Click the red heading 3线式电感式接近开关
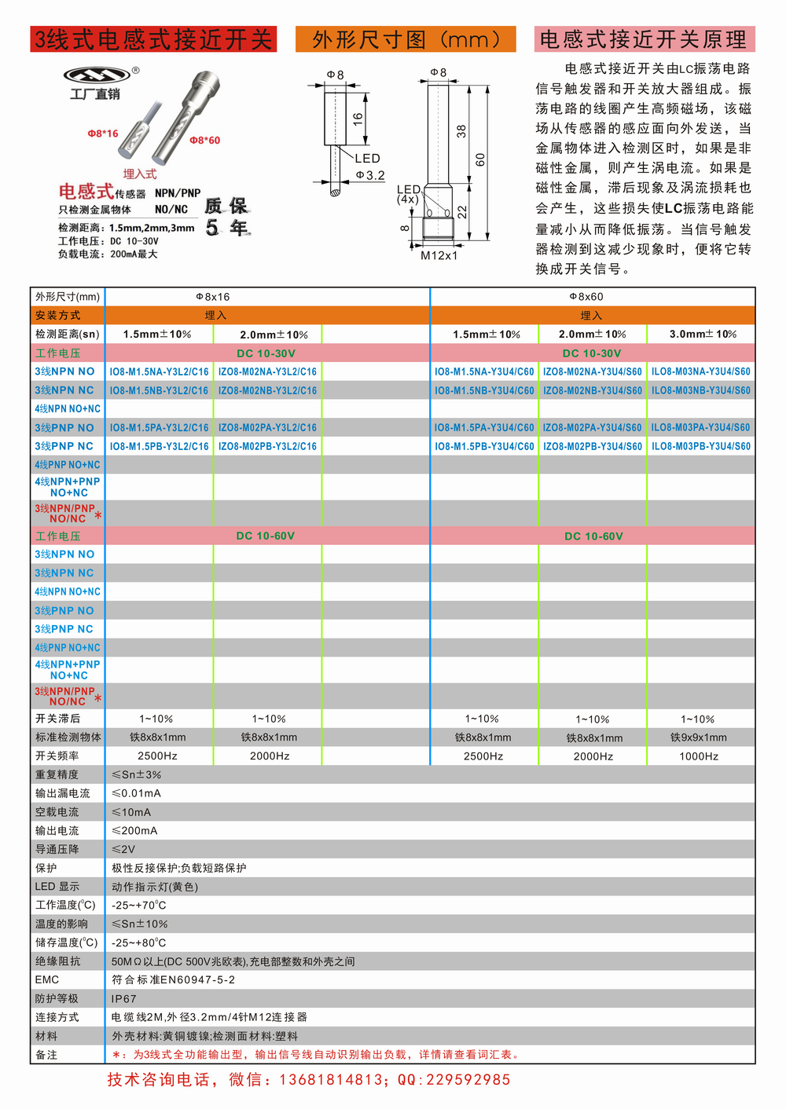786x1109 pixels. [x=153, y=39]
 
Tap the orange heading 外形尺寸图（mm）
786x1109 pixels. [x=406, y=39]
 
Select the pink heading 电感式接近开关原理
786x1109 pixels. [x=644, y=39]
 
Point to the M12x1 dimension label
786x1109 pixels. [x=439, y=256]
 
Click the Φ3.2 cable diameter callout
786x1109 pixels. [x=370, y=175]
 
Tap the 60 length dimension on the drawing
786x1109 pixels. [x=480, y=159]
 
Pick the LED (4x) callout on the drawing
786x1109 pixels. [x=409, y=194]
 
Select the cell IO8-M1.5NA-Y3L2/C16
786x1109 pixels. [x=159, y=371]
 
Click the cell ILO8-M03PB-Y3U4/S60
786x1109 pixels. [x=700, y=446]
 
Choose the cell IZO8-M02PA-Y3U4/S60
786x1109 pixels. [x=592, y=428]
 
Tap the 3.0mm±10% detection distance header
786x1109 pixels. [x=703, y=335]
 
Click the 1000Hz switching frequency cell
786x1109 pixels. [x=699, y=756]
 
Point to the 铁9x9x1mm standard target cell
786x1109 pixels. [x=699, y=738]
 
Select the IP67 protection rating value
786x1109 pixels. [x=124, y=999]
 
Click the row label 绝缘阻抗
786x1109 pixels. [x=57, y=961]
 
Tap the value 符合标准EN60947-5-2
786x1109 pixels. [x=173, y=980]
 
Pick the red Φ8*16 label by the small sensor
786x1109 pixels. [x=103, y=134]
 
